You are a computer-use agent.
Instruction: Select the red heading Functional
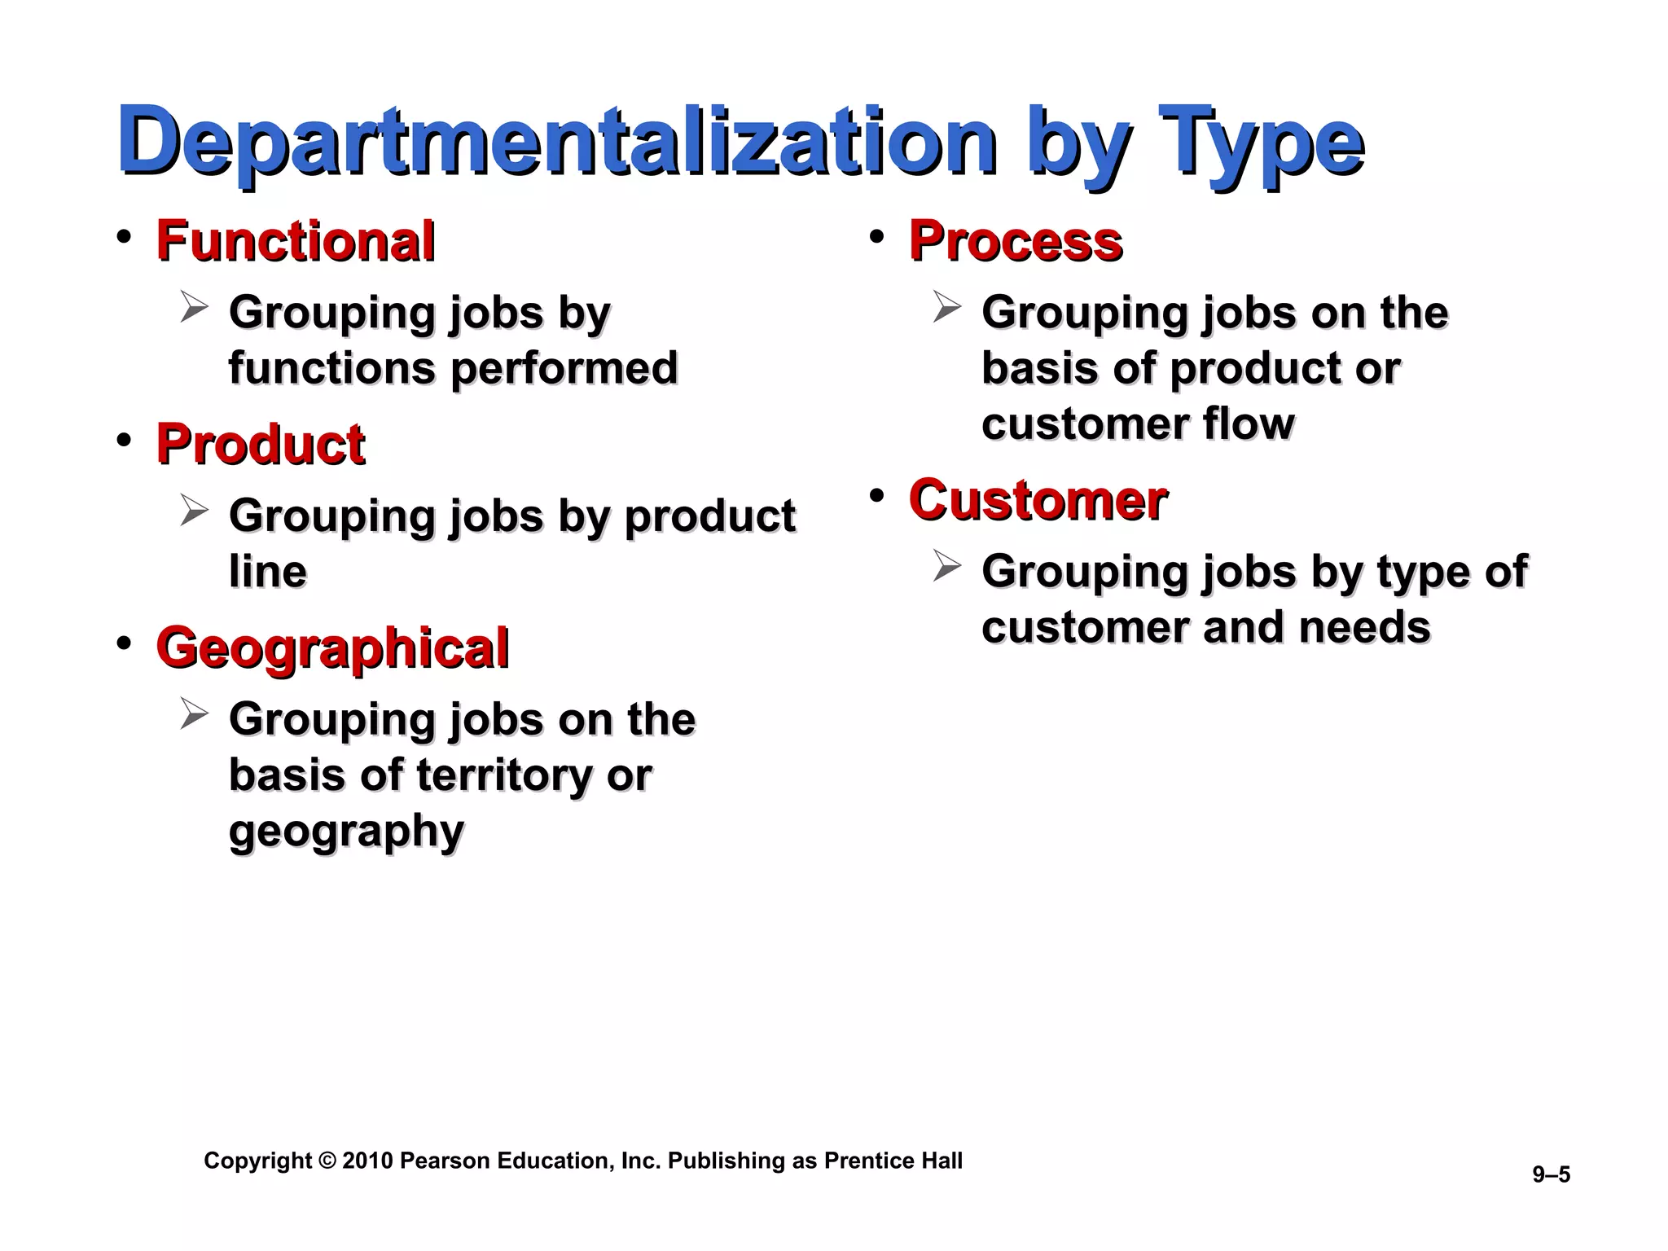pos(296,241)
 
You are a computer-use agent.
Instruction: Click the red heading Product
pos(261,445)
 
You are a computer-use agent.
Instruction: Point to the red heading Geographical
pos(332,648)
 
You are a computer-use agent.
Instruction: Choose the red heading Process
pos(1016,241)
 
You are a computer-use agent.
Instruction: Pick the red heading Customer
pos(1038,500)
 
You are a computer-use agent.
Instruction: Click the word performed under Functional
pos(564,368)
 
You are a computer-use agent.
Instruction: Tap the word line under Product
pos(267,572)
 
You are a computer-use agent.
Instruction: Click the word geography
pos(346,831)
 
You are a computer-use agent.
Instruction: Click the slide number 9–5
pos(1551,1174)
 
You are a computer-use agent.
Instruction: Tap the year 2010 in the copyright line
pos(367,1161)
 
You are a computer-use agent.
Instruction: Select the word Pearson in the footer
pos(446,1161)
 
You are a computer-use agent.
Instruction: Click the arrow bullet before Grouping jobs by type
pos(946,566)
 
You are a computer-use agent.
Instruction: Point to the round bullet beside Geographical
pos(124,643)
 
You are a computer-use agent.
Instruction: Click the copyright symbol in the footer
pos(327,1161)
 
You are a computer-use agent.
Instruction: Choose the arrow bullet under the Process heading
pos(946,307)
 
